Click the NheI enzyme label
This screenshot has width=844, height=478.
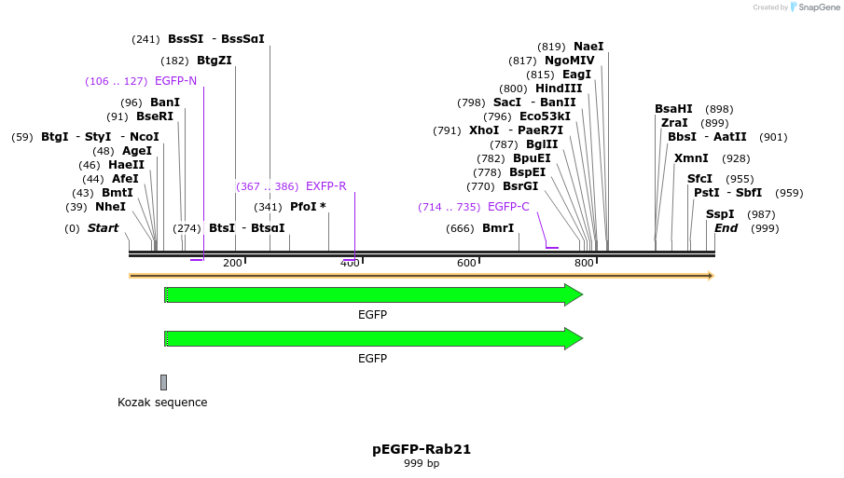110,207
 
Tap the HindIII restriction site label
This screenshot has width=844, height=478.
559,89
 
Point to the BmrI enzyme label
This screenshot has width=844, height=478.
498,228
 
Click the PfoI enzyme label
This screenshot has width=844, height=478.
304,207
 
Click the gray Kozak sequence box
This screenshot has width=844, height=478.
163,382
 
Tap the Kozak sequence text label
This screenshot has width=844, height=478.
162,403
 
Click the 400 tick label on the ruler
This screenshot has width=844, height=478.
350,263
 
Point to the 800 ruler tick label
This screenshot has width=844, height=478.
584,263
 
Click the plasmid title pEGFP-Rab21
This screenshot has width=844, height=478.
422,449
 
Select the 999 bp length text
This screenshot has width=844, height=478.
422,463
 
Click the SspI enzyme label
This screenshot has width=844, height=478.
720,214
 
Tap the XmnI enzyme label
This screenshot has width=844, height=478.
691,158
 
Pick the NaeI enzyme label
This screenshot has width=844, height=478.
588,47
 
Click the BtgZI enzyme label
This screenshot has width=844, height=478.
214,61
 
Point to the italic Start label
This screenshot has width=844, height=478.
104,228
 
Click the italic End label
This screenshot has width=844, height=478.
726,228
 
